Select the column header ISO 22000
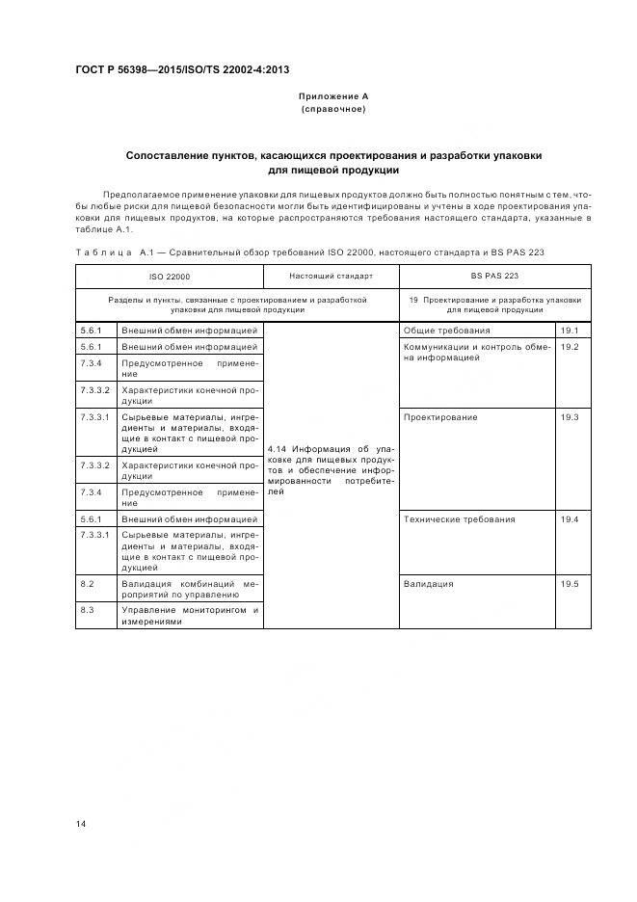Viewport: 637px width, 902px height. [x=169, y=277]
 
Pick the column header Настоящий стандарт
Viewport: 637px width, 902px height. [x=331, y=277]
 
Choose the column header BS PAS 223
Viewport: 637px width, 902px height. [x=495, y=277]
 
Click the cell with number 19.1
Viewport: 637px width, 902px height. [x=569, y=331]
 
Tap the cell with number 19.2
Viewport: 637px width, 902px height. [x=569, y=346]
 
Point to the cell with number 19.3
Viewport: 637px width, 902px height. [x=569, y=417]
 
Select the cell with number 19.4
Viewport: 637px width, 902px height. [x=569, y=519]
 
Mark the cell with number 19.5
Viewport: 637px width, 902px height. [x=569, y=584]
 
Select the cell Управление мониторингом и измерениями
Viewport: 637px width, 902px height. [x=190, y=616]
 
